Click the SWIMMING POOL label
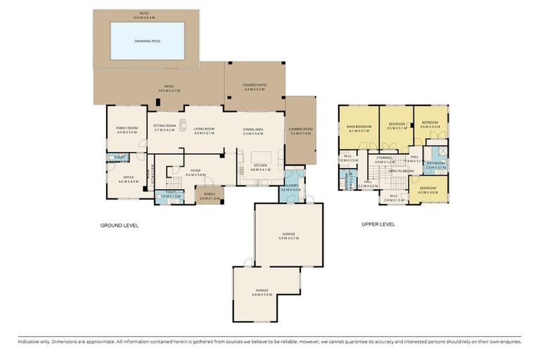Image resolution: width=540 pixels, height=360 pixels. coord(148,41)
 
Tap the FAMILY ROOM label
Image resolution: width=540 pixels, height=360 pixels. coord(127,127)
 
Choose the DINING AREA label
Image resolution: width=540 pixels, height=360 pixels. coord(252,129)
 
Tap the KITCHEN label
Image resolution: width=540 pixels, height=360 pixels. coord(261,165)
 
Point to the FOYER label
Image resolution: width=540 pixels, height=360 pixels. coord(195,169)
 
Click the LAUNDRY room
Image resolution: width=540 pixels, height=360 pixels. coord(290,186)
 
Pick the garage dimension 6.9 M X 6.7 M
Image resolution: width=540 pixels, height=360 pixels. coord(289,238)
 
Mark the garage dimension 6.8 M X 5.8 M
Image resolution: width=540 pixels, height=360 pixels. coord(262,294)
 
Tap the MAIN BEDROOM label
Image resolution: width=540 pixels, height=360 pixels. coord(359,127)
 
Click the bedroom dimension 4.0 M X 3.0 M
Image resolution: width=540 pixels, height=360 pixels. coord(428,192)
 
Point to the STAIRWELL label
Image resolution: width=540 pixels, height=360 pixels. coord(384,157)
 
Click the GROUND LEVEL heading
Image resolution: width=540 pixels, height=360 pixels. coord(120,225)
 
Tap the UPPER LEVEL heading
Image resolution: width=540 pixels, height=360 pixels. coord(378,225)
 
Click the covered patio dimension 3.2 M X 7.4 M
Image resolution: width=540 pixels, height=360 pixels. coord(300,134)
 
